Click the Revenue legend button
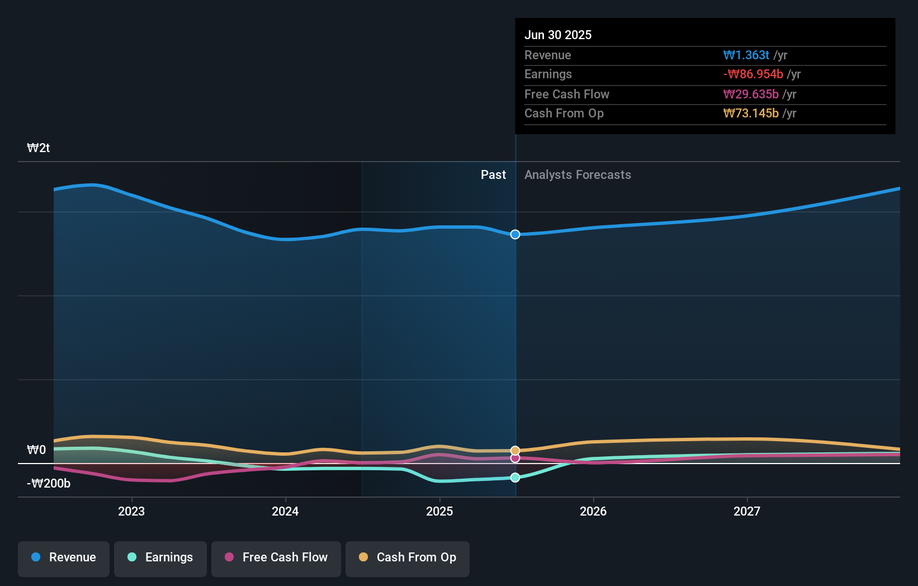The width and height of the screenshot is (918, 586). (x=64, y=558)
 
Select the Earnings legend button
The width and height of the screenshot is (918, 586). (x=160, y=558)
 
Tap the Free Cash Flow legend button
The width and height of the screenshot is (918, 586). (x=276, y=558)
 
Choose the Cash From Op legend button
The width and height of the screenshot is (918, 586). (x=408, y=558)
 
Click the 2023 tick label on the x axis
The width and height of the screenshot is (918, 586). (x=131, y=512)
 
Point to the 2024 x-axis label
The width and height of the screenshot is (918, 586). (x=285, y=512)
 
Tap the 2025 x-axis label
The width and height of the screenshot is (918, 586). (x=439, y=512)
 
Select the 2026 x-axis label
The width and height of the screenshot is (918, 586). (x=593, y=512)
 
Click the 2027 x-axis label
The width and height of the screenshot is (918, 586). (x=747, y=512)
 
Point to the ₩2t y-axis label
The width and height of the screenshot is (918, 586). (x=39, y=148)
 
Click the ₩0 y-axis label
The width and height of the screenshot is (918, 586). (x=36, y=450)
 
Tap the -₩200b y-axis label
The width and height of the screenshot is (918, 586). (x=49, y=484)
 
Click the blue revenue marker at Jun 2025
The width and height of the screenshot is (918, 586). (x=515, y=234)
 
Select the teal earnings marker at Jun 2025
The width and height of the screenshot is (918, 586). (x=515, y=478)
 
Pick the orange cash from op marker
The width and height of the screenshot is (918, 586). (x=515, y=451)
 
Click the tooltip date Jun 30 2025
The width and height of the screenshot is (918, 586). (x=558, y=35)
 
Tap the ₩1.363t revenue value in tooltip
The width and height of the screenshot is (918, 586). (x=746, y=55)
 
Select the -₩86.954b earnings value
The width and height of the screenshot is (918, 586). (x=753, y=74)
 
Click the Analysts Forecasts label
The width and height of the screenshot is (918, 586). (x=578, y=175)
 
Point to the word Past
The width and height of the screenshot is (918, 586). (x=493, y=175)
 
